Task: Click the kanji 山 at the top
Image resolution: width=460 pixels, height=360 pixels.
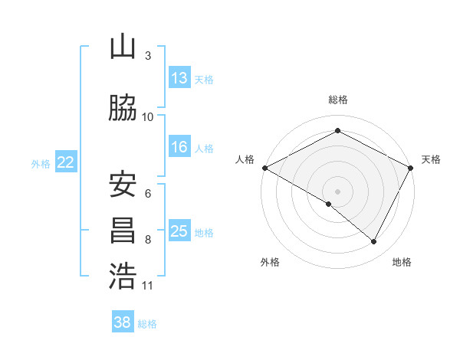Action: [122, 47]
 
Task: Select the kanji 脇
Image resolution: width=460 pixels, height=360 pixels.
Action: [122, 108]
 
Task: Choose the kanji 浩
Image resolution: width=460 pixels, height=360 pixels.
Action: [122, 277]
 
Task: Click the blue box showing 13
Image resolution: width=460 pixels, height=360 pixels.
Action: [179, 78]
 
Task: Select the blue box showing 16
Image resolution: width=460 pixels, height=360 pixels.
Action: [179, 147]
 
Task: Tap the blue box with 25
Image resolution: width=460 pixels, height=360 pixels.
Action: [179, 231]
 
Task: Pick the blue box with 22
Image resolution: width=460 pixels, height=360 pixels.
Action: [66, 162]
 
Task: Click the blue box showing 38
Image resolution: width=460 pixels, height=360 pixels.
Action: [122, 323]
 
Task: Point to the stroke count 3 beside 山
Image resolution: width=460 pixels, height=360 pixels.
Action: [147, 56]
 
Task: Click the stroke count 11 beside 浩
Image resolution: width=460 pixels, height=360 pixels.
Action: [148, 286]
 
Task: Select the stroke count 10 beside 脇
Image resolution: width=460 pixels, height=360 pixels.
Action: [148, 117]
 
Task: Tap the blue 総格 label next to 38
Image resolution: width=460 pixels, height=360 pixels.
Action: [147, 324]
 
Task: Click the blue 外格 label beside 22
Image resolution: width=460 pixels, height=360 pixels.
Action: [41, 163]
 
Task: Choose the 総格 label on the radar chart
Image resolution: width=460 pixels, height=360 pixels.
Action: [337, 100]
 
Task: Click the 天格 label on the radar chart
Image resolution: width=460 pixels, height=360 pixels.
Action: [431, 159]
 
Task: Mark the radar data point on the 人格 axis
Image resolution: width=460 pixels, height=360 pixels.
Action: [264, 167]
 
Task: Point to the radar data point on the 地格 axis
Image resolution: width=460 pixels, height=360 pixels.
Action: [374, 241]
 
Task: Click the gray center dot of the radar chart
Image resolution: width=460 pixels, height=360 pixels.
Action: [337, 191]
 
